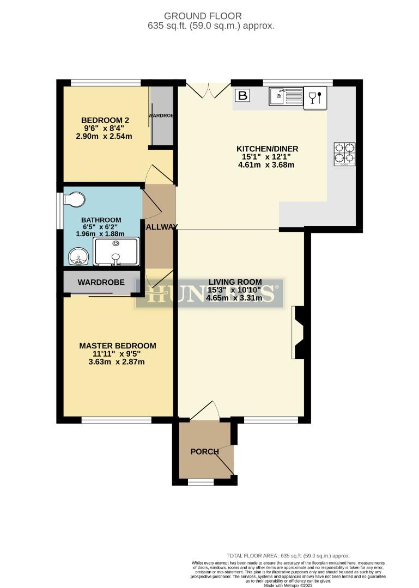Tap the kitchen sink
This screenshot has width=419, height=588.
[286, 96]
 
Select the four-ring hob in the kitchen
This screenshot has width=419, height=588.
[344, 153]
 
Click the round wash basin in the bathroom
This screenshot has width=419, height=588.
[79, 256]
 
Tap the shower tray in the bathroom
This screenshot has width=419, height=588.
[116, 251]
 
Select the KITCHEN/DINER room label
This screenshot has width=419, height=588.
[267, 149]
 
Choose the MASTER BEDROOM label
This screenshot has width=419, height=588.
[117, 346]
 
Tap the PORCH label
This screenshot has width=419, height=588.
[204, 451]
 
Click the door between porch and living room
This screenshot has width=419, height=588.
[204, 412]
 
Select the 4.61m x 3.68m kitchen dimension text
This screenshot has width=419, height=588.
[267, 165]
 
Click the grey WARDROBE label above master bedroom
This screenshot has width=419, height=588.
[101, 283]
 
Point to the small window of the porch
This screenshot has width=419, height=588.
[201, 482]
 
